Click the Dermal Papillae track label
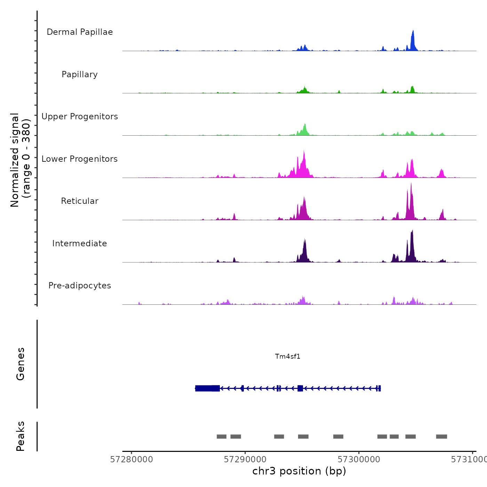80,32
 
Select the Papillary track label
80,74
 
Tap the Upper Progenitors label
80,117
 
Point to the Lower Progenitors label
80,159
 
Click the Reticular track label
80,201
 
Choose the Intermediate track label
80,243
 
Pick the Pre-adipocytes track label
80,286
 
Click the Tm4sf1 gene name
288,356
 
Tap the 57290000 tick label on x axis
245,460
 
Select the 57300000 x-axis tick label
359,460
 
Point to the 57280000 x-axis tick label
131,460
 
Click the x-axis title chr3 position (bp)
299,471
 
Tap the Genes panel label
21,364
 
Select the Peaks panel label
21,436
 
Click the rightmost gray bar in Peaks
441,437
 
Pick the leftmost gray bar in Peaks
222,437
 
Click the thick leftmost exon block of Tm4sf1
207,388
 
